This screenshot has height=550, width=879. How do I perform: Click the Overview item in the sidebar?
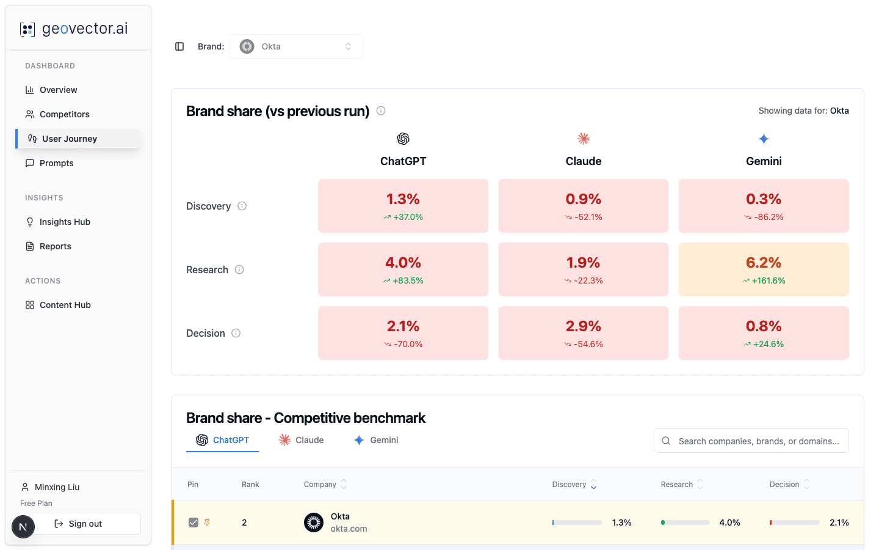pos(58,90)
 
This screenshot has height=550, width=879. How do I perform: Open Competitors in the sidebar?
pos(64,114)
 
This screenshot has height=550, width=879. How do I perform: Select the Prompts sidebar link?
pos(56,163)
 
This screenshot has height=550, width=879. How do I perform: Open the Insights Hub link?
pos(65,222)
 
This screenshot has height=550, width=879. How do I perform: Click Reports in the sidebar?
pos(55,246)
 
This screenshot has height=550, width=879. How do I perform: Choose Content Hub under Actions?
pos(65,305)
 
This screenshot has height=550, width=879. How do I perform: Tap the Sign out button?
pos(85,524)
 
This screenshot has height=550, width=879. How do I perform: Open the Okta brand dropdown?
pos(296,46)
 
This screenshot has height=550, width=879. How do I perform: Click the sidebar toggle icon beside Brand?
pos(179,46)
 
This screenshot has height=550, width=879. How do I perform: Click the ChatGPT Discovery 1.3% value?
pos(403,199)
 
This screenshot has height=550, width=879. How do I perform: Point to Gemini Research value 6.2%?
pos(764,263)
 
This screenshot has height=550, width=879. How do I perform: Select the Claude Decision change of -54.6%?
pos(584,344)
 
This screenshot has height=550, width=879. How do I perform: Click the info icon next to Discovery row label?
pos(242,206)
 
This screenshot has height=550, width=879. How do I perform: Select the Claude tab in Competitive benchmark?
pos(302,440)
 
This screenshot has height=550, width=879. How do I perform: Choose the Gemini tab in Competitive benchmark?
pos(376,440)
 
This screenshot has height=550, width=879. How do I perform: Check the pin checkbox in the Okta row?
pos(194,522)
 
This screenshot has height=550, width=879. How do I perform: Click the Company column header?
pos(320,485)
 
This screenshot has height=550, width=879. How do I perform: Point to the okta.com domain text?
pos(349,529)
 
